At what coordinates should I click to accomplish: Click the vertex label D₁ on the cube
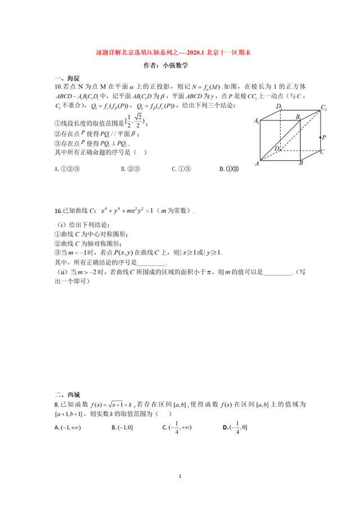279,106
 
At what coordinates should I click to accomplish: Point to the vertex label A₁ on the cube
256,120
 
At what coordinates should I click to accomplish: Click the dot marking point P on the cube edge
320,137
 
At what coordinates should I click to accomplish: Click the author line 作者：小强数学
179,65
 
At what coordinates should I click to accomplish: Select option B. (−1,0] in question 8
122,428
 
